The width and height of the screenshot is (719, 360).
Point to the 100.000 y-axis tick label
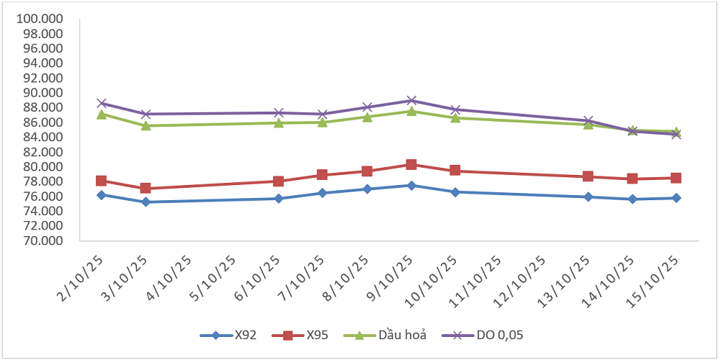pos(42,18)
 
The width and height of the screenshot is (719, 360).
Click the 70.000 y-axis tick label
pos(42,240)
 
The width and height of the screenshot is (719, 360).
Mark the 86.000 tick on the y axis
pos(42,122)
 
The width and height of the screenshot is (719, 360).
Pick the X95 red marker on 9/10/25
pos(411,165)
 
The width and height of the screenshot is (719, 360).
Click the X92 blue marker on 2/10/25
pos(102,195)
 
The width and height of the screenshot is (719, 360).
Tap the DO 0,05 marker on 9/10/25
pos(411,101)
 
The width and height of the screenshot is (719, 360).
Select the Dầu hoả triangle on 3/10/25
pos(146,126)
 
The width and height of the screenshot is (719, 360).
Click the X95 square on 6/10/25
pos(278,181)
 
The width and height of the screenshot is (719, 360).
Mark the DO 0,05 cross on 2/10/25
pos(102,103)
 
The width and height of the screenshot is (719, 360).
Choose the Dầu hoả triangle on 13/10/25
pos(588,125)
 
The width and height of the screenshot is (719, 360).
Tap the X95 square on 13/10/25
pos(588,176)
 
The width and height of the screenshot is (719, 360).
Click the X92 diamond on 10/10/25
pos(455,192)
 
